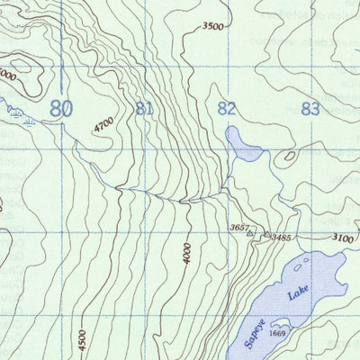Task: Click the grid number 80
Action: (x=61, y=110)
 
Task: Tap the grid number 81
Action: (x=143, y=110)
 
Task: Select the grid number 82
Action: (x=228, y=110)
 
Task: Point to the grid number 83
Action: (x=310, y=110)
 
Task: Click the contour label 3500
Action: (x=212, y=27)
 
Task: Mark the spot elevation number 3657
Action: (x=238, y=227)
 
